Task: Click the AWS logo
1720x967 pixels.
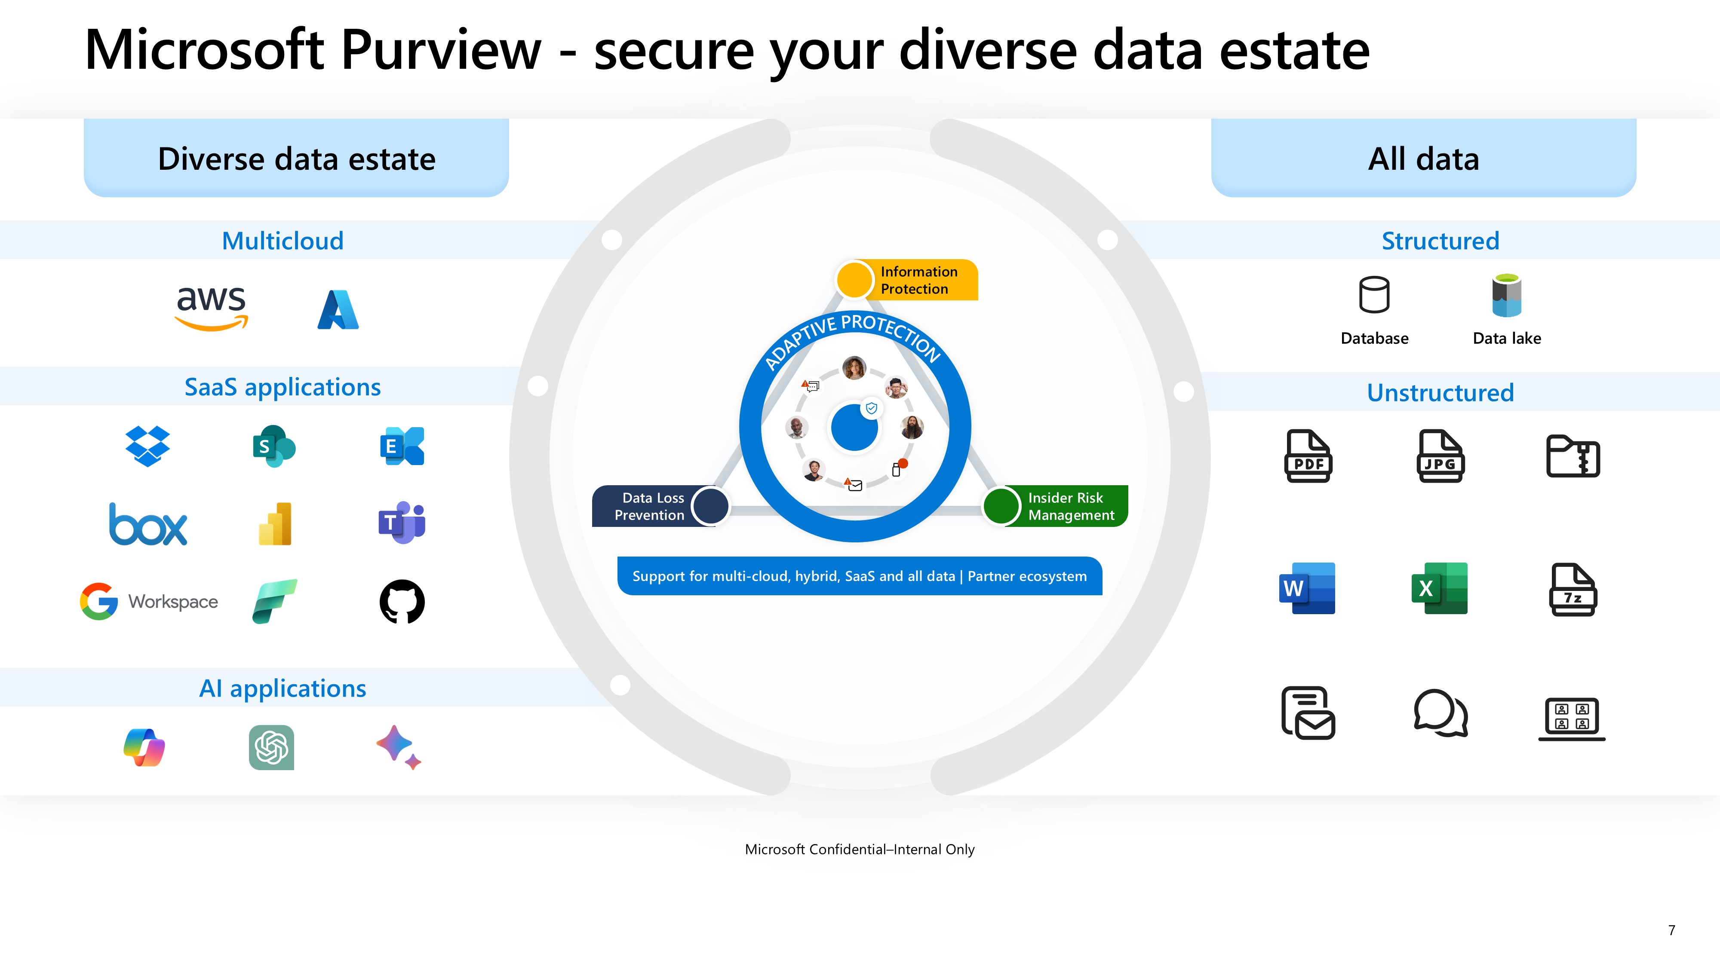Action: pos(212,308)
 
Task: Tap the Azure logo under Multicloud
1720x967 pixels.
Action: pos(338,309)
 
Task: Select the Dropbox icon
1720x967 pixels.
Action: pos(147,446)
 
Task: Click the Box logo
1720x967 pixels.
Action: pos(148,524)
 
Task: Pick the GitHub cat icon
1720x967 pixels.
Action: pos(402,601)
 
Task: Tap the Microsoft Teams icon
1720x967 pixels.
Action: pos(402,523)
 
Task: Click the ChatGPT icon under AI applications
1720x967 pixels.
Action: pos(272,747)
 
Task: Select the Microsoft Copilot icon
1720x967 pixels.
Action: pos(144,747)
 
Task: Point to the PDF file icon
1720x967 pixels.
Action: pos(1308,456)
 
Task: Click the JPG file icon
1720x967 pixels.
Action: pos(1440,456)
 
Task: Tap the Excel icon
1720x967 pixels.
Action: pos(1440,588)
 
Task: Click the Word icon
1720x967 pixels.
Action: pos(1307,588)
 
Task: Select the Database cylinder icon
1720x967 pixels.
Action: pos(1374,294)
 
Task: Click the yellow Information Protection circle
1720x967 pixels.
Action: pos(854,279)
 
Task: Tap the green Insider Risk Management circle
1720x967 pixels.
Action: pos(1001,506)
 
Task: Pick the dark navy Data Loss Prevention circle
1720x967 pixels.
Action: pos(710,506)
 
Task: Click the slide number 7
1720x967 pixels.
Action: pos(1671,930)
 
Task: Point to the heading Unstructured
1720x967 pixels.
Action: pos(1440,392)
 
